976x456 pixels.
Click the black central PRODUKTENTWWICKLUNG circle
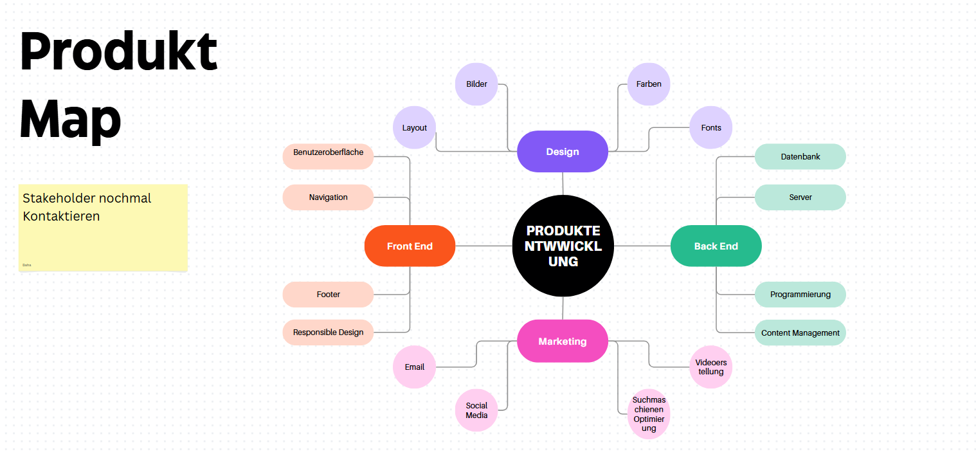pos(563,246)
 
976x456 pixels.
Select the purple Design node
pos(563,152)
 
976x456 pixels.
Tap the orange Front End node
pos(410,246)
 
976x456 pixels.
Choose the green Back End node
pos(716,246)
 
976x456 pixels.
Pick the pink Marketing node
pos(563,341)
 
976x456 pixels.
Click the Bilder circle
pos(476,84)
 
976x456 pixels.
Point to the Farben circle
pos(649,84)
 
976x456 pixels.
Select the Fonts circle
pos(711,127)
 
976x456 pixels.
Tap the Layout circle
pos(415,127)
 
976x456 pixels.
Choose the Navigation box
pos(328,197)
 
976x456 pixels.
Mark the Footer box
pos(328,295)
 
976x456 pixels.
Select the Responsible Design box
pos(328,333)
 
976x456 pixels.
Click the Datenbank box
pos(800,156)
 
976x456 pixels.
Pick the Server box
pos(800,197)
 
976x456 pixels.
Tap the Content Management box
pos(800,333)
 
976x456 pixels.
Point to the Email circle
pos(415,367)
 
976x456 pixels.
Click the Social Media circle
pos(476,410)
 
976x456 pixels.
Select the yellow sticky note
pos(103,228)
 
